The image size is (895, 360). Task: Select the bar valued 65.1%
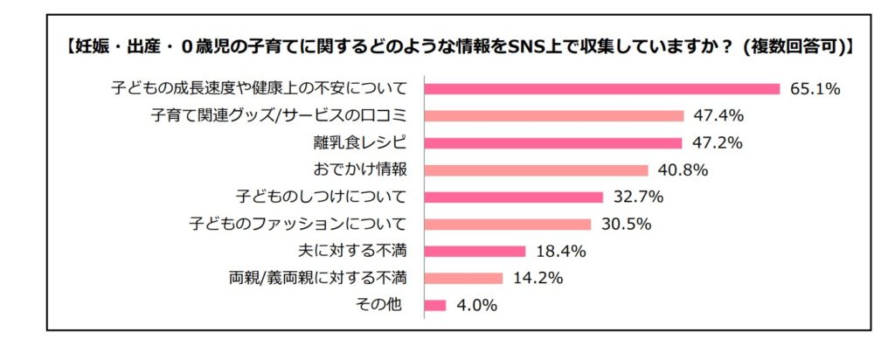pyautogui.click(x=601, y=88)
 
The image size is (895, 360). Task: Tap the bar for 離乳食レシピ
pyautogui.click(x=552, y=142)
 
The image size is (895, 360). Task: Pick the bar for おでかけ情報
pyautogui.click(x=536, y=170)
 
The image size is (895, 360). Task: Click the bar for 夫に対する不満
pyautogui.click(x=475, y=251)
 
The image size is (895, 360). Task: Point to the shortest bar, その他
pyautogui.click(x=435, y=305)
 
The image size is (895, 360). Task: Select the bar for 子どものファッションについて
pyautogui.click(x=508, y=224)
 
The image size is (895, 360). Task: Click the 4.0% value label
pyautogui.click(x=476, y=305)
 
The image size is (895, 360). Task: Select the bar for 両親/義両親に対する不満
pyautogui.click(x=463, y=278)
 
